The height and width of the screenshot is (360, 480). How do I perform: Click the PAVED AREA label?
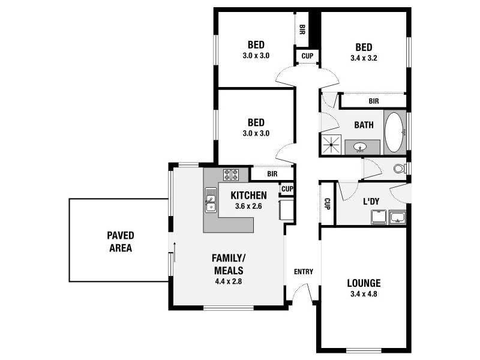(x=121, y=241)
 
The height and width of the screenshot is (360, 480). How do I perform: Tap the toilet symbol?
(x=400, y=169)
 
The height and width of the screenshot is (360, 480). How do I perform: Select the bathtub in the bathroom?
(x=394, y=132)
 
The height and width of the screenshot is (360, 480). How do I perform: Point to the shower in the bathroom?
(x=331, y=145)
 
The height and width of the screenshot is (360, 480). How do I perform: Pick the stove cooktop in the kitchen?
(x=232, y=175)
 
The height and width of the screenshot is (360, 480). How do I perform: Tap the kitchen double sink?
(x=211, y=200)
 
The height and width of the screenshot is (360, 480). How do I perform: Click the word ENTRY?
(x=304, y=272)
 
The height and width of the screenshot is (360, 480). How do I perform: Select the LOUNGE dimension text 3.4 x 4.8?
(x=364, y=294)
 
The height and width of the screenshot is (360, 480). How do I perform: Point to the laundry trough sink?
(x=398, y=217)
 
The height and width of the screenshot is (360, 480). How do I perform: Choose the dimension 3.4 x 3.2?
(x=364, y=59)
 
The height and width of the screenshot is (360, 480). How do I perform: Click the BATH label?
(x=364, y=125)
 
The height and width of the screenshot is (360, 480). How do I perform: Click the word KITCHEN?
(x=248, y=196)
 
